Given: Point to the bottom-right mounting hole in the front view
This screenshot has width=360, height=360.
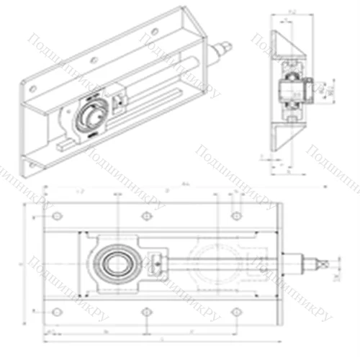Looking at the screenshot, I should pyautogui.click(x=236, y=311).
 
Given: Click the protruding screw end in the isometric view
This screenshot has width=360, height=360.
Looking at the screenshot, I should pyautogui.click(x=225, y=48).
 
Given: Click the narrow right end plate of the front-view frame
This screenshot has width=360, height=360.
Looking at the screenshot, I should pyautogui.click(x=277, y=264).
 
